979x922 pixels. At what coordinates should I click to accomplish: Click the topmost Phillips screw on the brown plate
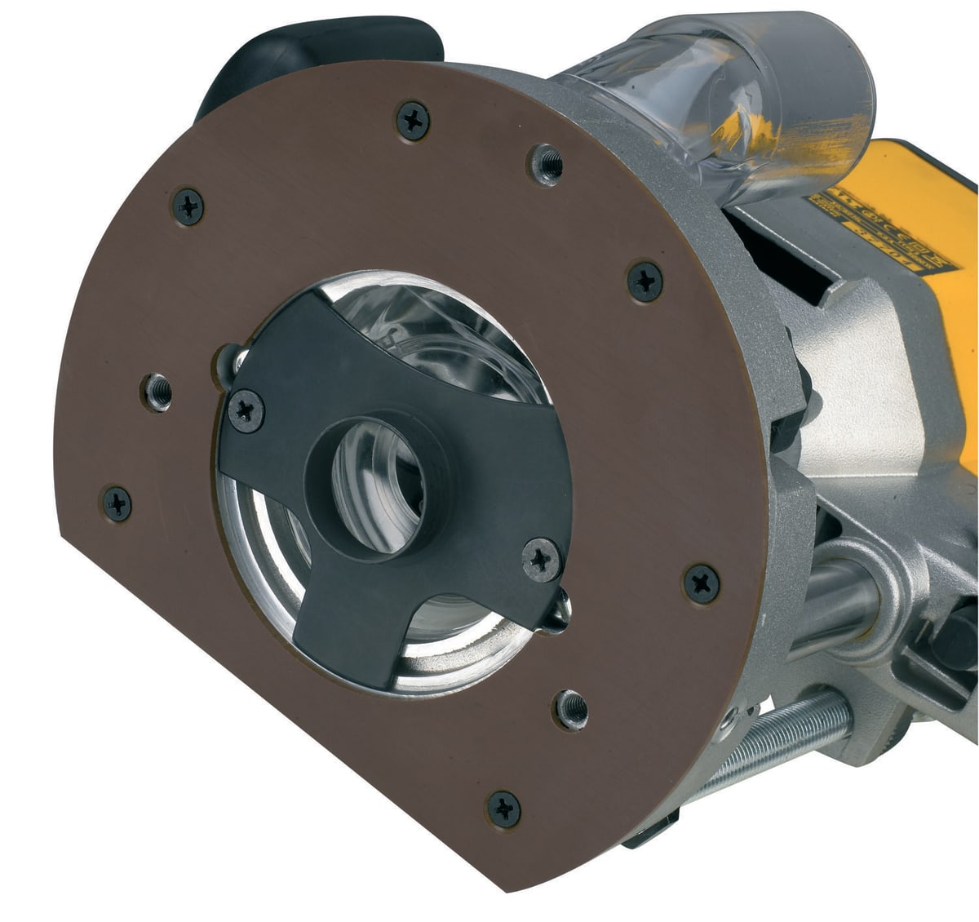(413, 120)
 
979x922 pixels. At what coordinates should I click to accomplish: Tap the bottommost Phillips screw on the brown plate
(503, 809)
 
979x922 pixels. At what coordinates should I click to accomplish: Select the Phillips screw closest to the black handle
(188, 206)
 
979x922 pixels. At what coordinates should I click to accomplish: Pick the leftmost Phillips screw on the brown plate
(117, 503)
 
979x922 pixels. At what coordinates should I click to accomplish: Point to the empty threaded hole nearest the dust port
(544, 164)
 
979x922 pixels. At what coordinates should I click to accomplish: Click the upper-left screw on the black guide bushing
(246, 410)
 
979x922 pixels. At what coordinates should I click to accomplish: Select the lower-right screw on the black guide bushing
(541, 560)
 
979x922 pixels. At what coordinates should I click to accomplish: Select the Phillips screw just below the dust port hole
(645, 281)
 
